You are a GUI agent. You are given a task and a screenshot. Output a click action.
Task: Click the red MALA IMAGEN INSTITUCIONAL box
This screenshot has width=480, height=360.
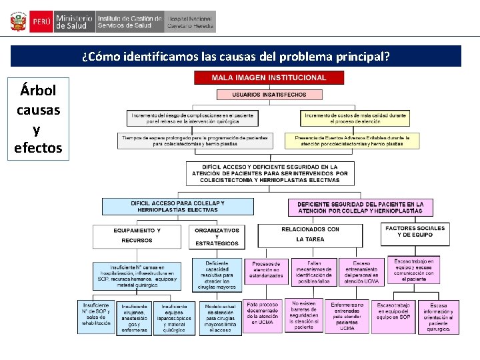coord(269,78)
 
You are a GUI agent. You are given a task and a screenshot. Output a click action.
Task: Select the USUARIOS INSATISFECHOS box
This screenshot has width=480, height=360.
coord(269,95)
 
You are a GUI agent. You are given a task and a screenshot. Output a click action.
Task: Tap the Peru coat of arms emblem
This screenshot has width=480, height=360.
coord(17,22)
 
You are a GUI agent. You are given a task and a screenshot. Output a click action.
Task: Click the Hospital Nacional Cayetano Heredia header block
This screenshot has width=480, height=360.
coord(191,22)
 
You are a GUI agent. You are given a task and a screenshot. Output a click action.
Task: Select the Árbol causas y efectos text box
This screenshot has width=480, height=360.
coord(37,118)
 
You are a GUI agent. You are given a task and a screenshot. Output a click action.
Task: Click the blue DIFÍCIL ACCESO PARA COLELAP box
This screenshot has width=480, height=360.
coord(178,206)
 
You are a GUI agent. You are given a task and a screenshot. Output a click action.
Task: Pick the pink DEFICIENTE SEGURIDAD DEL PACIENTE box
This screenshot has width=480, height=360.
coord(360,207)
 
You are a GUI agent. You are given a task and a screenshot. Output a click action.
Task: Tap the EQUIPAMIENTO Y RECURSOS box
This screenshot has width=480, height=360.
coord(137,235)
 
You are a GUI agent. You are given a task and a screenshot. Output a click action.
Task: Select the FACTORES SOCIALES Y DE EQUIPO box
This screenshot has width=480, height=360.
coord(415,231)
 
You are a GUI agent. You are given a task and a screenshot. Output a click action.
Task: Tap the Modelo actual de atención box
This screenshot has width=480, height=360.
coord(219,318)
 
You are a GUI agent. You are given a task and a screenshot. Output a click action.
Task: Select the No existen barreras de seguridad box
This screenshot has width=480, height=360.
coord(304,315)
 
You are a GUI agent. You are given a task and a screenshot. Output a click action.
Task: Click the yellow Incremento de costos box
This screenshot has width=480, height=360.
coord(355,119)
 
